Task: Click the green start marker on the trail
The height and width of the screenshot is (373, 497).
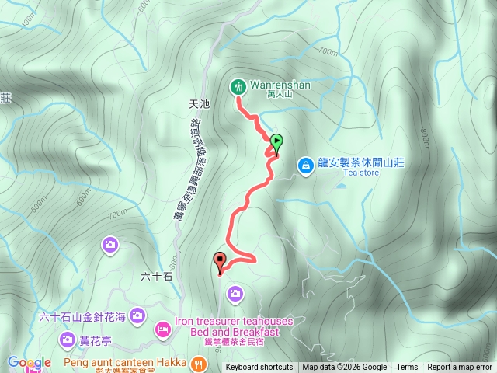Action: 277,142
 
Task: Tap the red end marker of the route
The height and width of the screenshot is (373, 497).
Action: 220,262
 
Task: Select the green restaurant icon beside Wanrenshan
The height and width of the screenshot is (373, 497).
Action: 237,86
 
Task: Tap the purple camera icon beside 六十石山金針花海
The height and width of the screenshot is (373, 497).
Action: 137,315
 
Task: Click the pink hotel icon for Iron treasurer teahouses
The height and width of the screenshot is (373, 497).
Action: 163,329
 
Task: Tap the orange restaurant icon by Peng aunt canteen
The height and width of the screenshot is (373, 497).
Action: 200,363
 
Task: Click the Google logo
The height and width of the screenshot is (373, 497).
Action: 30,362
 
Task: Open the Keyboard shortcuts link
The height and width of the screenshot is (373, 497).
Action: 259,368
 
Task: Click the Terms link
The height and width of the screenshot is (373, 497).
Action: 407,368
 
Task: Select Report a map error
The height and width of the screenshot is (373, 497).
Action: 461,368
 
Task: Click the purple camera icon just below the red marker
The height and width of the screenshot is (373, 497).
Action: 235,293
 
